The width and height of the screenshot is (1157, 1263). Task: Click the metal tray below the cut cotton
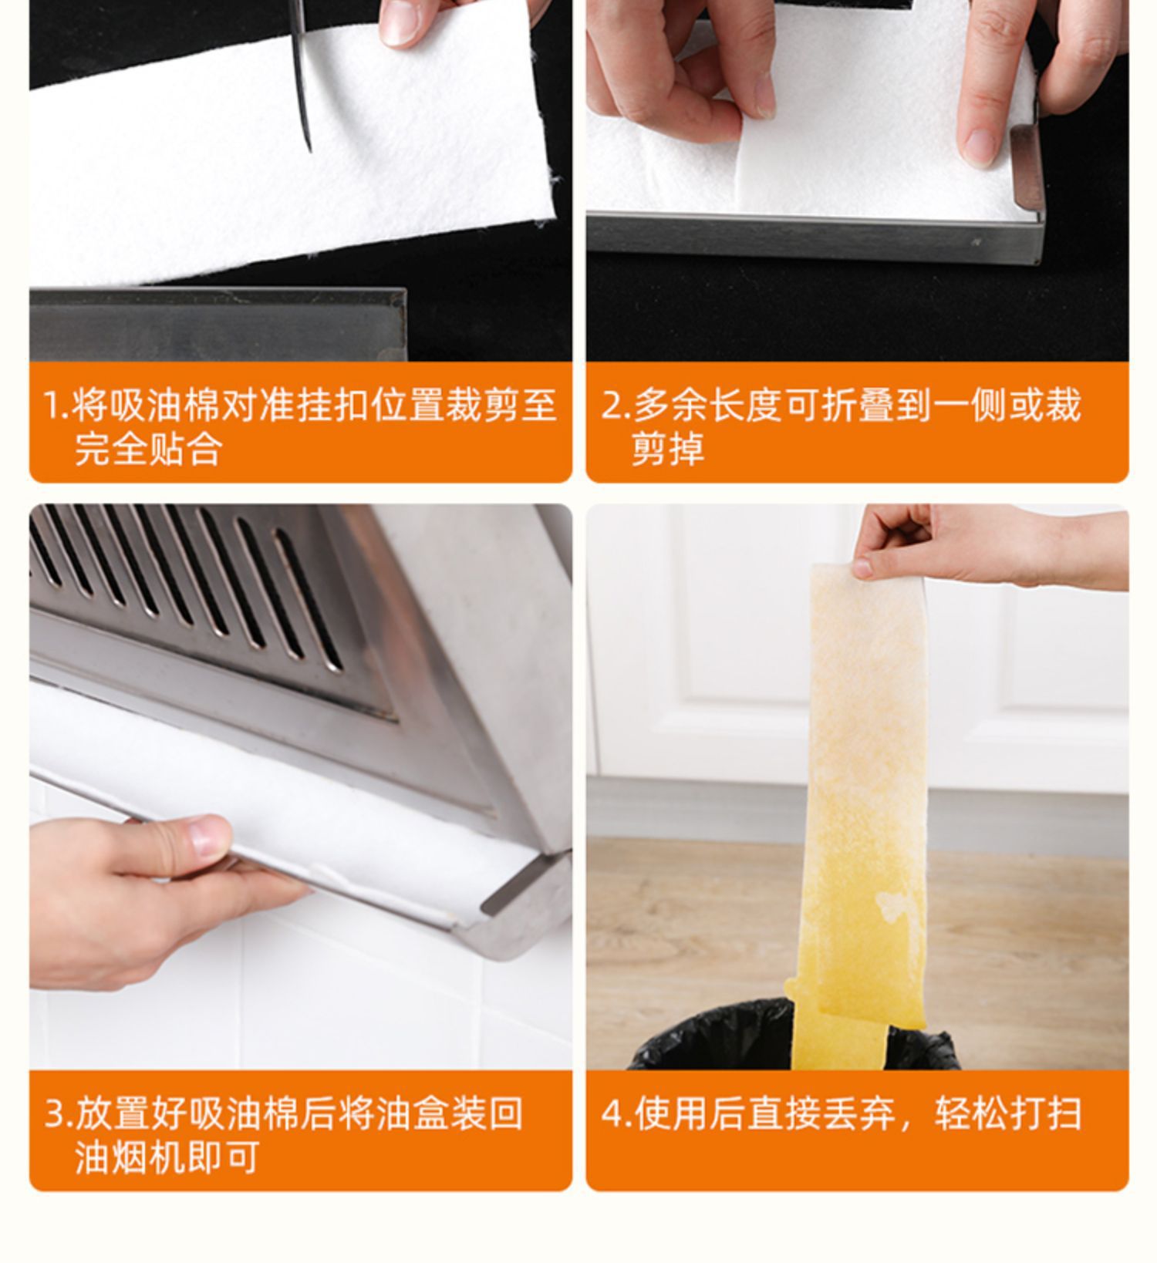[216, 324]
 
